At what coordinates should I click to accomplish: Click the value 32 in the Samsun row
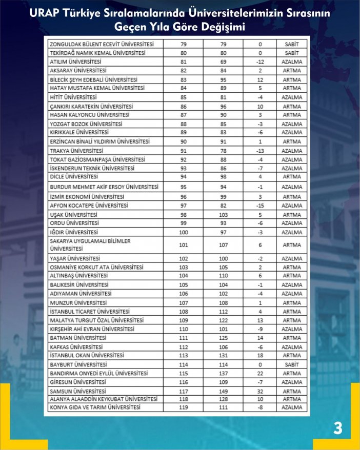[260, 391]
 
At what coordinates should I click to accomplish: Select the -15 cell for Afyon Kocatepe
[260, 206]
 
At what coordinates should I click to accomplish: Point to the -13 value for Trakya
[260, 151]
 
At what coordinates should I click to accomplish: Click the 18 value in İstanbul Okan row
[260, 355]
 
